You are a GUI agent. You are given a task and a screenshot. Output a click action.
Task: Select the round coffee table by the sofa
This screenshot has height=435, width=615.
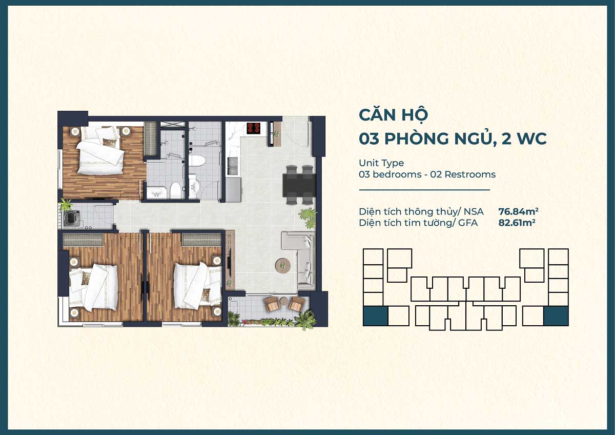point(282,265)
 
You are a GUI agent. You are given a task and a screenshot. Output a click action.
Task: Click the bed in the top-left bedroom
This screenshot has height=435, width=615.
point(100,151)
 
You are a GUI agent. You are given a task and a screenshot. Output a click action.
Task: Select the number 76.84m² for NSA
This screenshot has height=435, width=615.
point(518,211)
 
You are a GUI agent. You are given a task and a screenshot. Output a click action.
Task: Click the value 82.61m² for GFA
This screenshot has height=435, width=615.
point(517,223)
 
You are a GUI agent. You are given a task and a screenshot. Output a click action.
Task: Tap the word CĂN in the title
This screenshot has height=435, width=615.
point(376,116)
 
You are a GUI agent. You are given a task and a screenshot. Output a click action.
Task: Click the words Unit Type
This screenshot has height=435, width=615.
point(381,163)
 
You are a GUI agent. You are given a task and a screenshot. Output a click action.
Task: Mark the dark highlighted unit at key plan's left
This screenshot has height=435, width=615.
point(375,316)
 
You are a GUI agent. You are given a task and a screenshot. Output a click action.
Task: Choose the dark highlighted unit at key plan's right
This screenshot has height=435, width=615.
point(556,316)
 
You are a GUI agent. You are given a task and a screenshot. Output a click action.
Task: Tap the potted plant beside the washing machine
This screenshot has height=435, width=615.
point(65,205)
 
